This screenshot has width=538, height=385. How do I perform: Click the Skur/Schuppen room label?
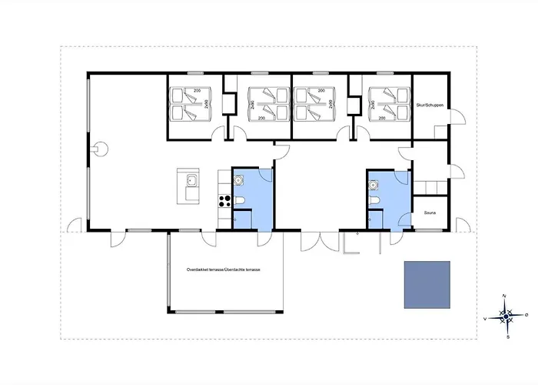tap(430, 105)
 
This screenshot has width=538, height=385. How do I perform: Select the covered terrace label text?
tap(224, 270)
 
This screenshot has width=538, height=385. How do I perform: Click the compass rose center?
tap(506, 315)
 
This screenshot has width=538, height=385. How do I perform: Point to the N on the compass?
tap(503, 296)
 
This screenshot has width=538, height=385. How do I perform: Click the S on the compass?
tap(508, 336)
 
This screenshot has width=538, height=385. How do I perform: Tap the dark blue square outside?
tap(427, 284)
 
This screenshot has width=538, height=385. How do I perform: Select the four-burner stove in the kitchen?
tap(226, 203)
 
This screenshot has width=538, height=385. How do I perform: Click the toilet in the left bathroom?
tap(241, 203)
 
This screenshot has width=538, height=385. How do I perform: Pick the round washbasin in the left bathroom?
tap(239, 182)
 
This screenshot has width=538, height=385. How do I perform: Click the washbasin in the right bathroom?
tap(374, 185)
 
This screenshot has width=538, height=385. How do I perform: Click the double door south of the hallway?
tap(319, 239)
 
